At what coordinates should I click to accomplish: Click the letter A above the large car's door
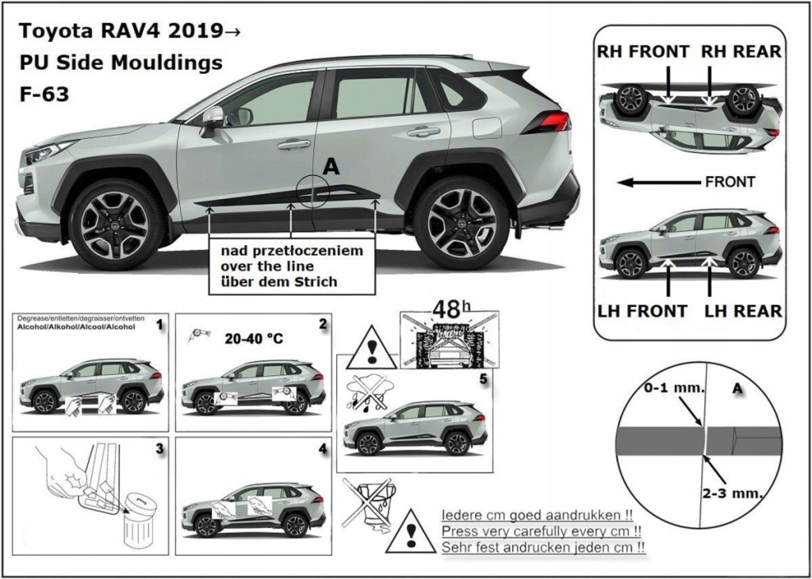tap(331, 166)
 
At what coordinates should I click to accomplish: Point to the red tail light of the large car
tap(549, 121)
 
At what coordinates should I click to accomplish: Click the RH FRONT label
tap(643, 52)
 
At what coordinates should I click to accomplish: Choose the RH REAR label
tap(741, 52)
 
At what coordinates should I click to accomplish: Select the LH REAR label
tap(743, 310)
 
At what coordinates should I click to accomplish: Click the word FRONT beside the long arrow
tap(730, 182)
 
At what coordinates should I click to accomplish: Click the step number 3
tap(160, 449)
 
